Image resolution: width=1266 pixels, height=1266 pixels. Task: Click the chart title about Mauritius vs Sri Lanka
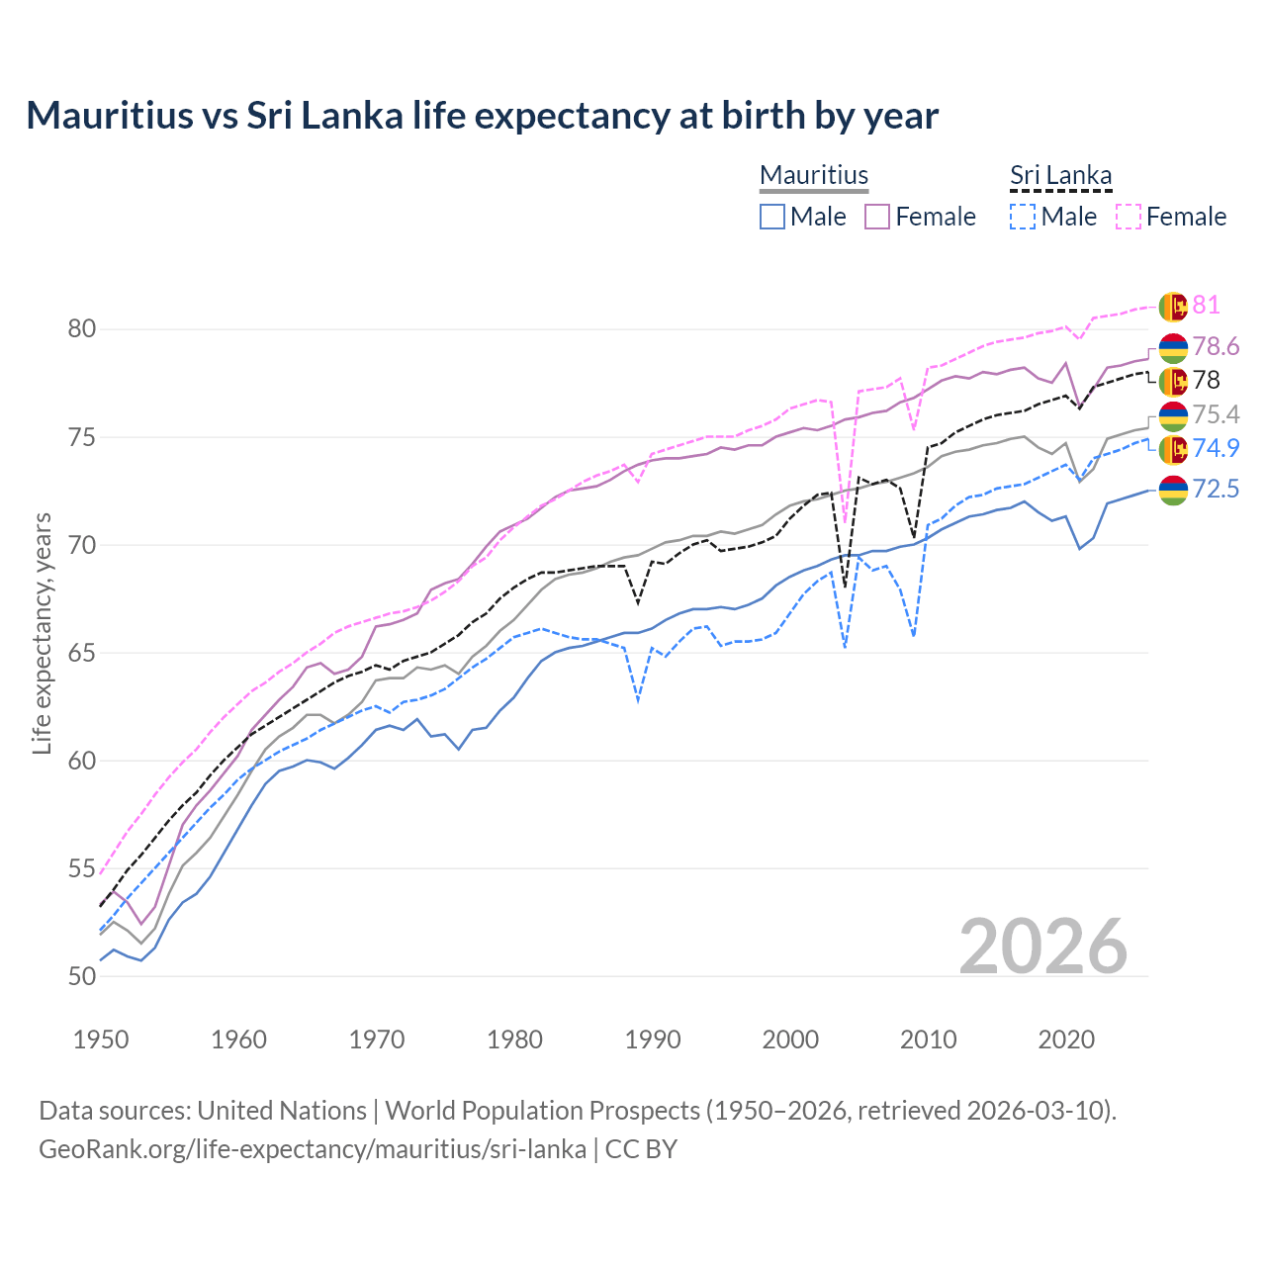tap(482, 116)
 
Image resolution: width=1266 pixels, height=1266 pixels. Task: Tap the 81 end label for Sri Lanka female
tap(1206, 305)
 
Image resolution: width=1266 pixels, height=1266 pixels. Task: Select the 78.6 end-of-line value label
tap(1216, 346)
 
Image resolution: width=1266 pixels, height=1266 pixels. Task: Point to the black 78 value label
tap(1206, 380)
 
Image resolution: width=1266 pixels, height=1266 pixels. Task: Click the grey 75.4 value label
tap(1216, 414)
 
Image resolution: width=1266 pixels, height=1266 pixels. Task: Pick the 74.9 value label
tap(1216, 448)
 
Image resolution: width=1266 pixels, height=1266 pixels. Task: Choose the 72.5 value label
tap(1216, 489)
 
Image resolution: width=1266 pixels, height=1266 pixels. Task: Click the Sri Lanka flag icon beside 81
tap(1172, 306)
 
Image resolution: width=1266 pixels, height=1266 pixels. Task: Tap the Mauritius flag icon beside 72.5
tap(1172, 490)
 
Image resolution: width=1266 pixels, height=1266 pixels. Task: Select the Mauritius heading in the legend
tap(814, 175)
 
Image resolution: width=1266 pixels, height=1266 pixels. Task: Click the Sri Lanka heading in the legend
tap(1060, 175)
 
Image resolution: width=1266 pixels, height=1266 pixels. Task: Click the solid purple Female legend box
tap(878, 217)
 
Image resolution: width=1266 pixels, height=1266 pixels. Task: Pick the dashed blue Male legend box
tap(1023, 217)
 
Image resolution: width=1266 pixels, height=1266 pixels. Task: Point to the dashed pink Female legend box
tap(1129, 217)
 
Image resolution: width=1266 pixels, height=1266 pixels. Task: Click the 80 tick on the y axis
tap(82, 328)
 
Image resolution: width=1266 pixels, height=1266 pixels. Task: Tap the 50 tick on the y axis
tap(82, 976)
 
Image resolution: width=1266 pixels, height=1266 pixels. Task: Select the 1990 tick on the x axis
tap(653, 1040)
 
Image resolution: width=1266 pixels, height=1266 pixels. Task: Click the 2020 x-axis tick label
tap(1066, 1040)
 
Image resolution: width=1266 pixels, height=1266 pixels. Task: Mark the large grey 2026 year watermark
tap(1042, 947)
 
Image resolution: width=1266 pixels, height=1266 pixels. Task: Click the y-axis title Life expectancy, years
tap(42, 633)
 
